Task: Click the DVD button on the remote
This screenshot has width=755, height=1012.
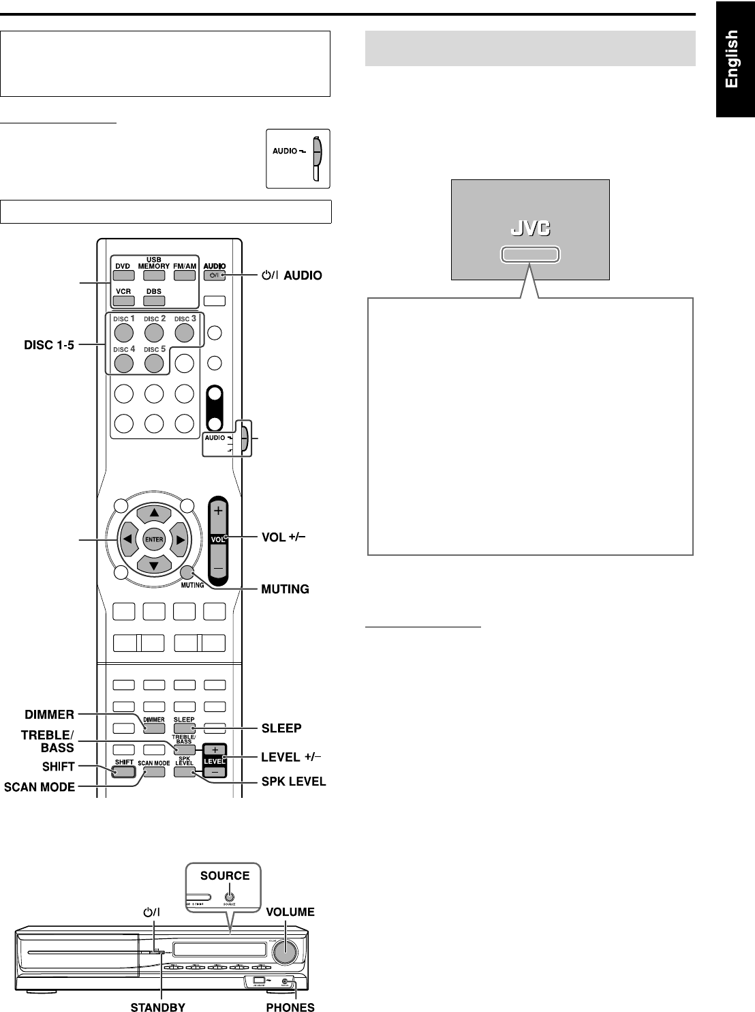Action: click(123, 276)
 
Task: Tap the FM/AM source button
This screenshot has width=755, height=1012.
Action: click(184, 276)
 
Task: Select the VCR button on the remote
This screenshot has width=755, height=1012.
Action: click(123, 301)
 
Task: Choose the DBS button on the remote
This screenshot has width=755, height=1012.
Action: click(154, 301)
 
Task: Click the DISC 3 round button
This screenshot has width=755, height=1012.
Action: click(185, 332)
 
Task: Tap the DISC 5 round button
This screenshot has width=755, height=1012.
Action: click(154, 363)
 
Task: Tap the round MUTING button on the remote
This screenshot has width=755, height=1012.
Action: click(188, 573)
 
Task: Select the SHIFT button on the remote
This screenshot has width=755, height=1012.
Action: click(124, 773)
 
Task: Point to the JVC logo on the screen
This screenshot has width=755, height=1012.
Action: click(530, 229)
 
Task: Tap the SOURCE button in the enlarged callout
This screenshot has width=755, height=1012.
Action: click(230, 898)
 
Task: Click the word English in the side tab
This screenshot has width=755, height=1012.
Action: click(733, 59)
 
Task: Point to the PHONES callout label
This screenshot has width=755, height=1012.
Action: click(290, 1006)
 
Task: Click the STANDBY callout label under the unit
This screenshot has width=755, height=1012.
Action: click(157, 1006)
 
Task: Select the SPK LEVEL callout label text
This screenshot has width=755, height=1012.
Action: click(294, 781)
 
